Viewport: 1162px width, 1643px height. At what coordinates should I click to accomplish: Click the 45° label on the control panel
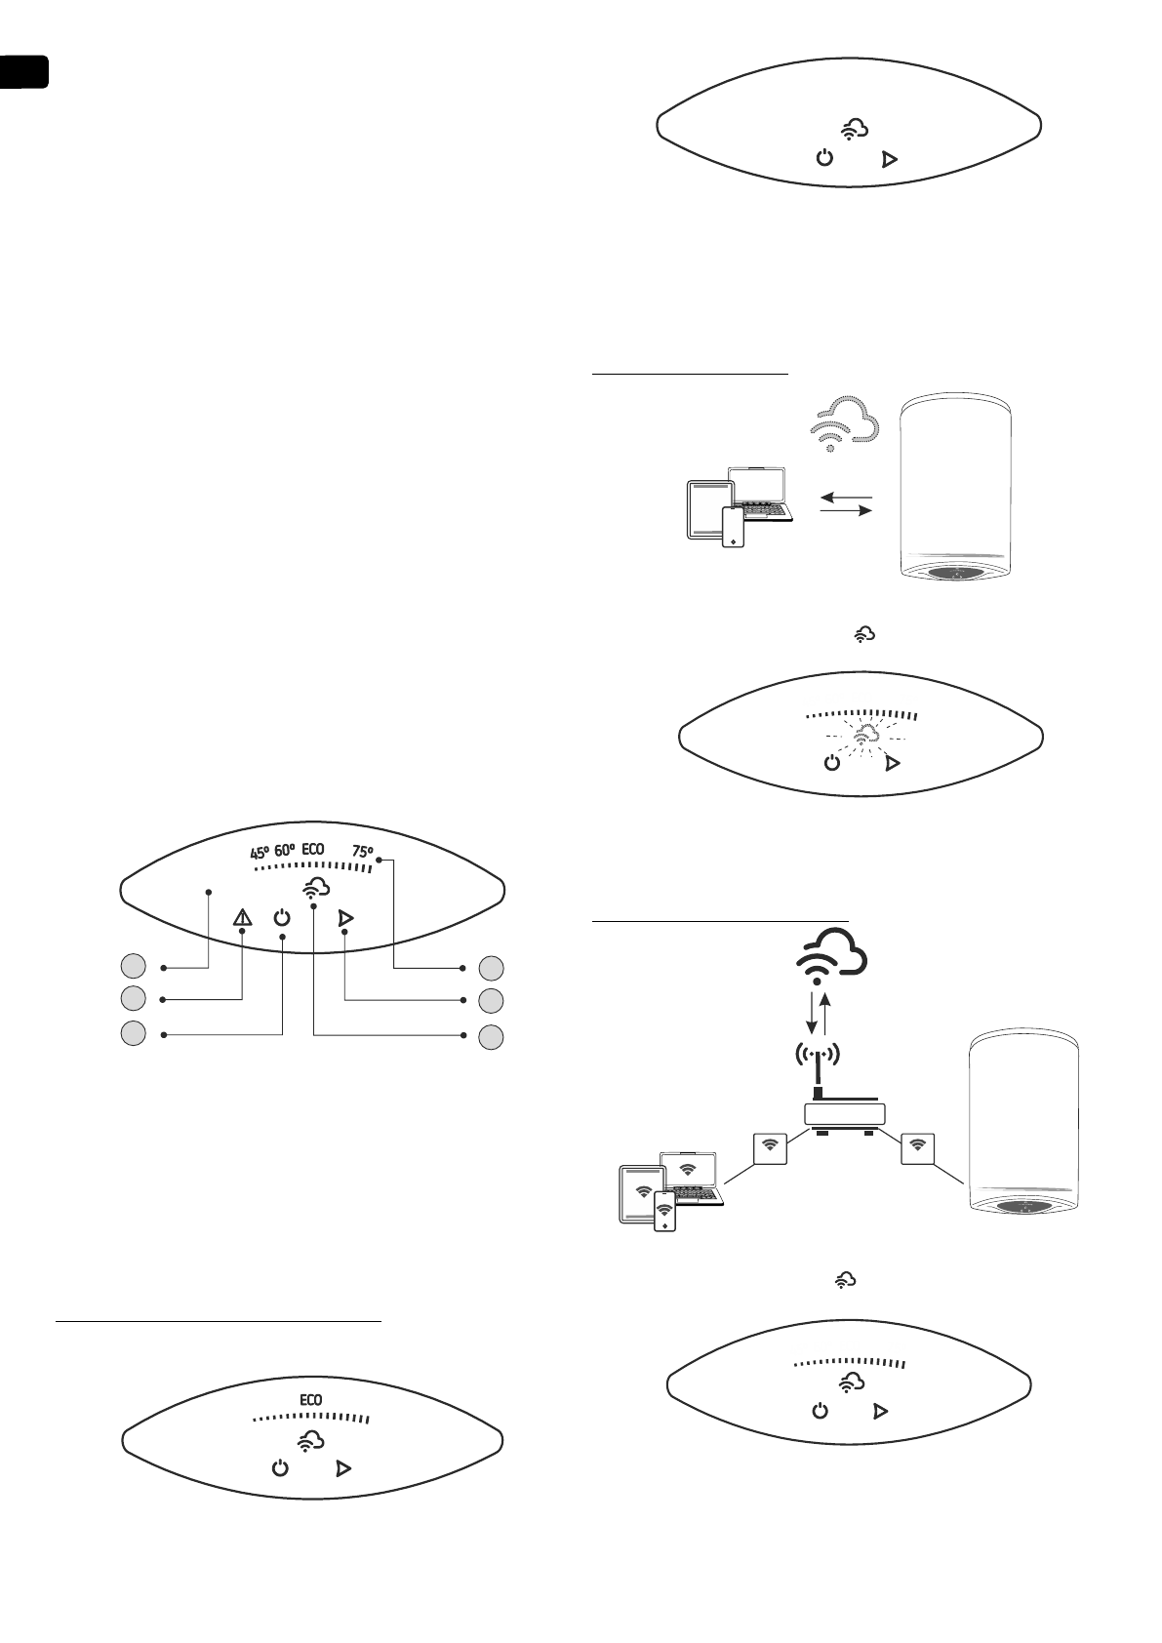click(260, 852)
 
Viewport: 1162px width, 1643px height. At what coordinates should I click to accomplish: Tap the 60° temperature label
click(285, 851)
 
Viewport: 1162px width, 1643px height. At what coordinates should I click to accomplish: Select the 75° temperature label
click(362, 852)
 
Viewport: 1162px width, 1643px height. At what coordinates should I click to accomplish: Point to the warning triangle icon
click(242, 917)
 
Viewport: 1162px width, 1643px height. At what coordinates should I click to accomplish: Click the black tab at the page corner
click(23, 72)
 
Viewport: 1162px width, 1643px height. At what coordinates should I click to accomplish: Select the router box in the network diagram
click(844, 1114)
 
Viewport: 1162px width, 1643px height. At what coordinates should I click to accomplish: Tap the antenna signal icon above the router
click(819, 1055)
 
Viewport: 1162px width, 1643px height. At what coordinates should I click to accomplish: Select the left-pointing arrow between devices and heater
click(845, 498)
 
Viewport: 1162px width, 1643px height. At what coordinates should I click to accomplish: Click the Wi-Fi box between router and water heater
click(918, 1148)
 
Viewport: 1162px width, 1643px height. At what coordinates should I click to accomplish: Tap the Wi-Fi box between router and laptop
click(771, 1148)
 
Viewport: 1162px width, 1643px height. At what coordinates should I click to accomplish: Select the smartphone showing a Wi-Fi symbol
click(664, 1211)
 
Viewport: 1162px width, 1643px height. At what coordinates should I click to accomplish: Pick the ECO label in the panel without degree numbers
click(310, 1400)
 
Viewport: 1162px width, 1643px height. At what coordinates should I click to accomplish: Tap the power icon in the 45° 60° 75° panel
click(282, 917)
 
